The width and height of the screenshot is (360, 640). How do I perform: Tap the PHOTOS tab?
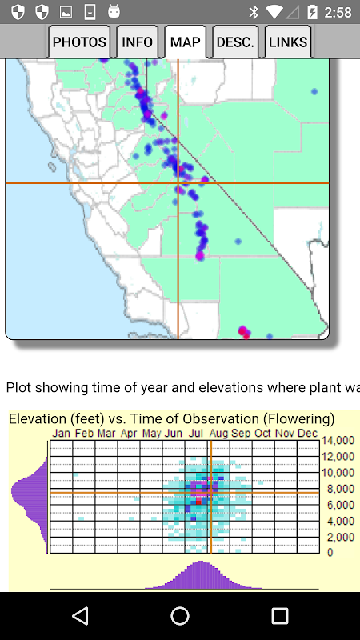79,42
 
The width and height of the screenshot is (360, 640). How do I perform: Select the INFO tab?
137,42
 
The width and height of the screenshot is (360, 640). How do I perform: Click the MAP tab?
186,42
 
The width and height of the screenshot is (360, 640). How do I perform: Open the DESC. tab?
235,42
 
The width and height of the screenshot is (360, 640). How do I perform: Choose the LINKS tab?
288,42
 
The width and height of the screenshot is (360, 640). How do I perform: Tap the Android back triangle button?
81,615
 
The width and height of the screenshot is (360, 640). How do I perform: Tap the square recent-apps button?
279,616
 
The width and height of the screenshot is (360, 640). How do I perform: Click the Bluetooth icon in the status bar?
254,12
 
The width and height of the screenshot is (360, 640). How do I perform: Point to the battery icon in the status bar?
312,12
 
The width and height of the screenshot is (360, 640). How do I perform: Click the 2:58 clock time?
338,13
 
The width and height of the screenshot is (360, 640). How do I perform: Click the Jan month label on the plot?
62,433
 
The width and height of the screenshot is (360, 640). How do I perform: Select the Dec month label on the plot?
307,433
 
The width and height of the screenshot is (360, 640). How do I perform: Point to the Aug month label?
218,434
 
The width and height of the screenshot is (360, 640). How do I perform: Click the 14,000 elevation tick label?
338,441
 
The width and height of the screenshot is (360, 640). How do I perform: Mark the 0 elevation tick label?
330,553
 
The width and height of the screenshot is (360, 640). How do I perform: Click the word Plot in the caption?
18,387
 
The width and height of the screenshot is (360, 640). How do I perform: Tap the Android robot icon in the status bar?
114,11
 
